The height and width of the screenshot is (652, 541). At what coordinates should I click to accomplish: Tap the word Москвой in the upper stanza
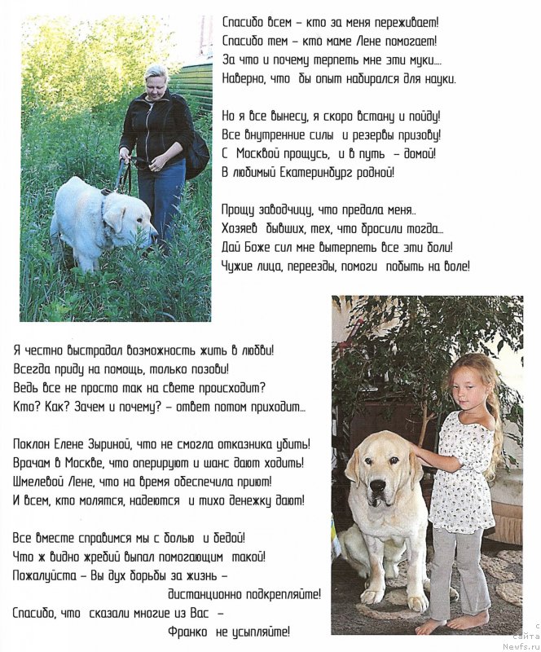tap(270, 153)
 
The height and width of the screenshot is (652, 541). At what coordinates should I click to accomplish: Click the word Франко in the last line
tap(189, 632)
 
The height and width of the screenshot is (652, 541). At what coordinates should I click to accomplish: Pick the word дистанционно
tap(209, 595)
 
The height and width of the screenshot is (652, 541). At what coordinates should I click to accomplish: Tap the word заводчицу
tap(292, 210)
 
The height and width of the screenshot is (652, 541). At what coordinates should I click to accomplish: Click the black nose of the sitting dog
tap(378, 486)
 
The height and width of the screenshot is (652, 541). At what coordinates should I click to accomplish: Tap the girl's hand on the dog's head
tap(417, 451)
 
